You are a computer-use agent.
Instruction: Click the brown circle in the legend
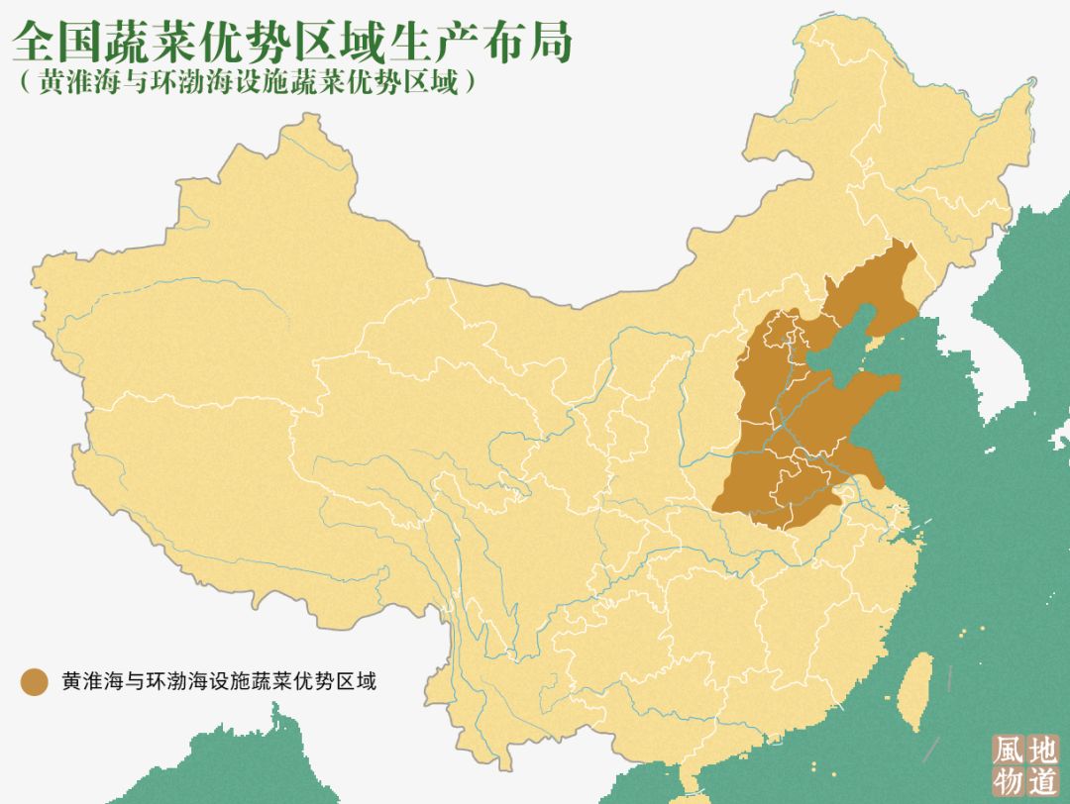click(34, 681)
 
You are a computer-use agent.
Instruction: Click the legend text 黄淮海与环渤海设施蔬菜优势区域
click(218, 681)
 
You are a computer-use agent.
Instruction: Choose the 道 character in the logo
click(1042, 779)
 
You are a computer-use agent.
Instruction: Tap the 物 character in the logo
click(1009, 779)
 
